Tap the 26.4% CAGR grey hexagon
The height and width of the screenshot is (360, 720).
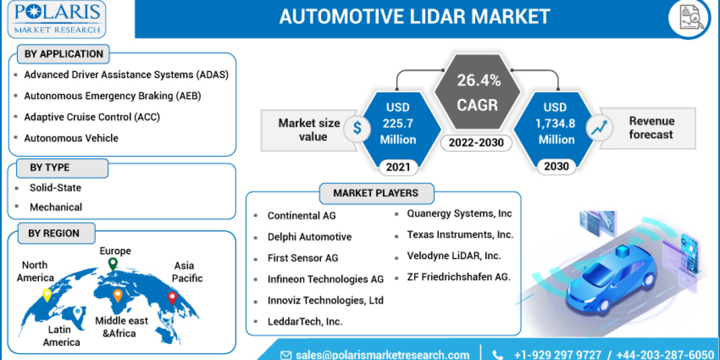point(478,93)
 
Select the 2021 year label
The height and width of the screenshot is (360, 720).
point(398,166)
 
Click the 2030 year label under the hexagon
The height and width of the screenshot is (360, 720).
point(556,166)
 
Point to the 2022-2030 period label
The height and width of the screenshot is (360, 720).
point(477,143)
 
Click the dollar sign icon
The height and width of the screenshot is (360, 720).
point(358,128)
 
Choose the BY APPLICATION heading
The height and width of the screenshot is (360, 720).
point(64,54)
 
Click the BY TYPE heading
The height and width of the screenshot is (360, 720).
point(50,167)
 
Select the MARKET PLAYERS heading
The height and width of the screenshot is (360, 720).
point(376,193)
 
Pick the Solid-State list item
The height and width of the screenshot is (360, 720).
point(55,188)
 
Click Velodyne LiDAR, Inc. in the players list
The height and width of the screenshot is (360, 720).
point(454,256)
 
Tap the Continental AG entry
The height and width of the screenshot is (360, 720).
point(301,215)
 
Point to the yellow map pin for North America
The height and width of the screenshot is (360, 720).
point(47,295)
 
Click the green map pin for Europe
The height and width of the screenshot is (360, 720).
point(112,264)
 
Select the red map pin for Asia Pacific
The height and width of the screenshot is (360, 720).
point(172,297)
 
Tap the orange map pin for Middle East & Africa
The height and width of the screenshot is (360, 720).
point(118,295)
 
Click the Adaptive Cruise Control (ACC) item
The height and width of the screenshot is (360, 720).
point(91,117)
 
